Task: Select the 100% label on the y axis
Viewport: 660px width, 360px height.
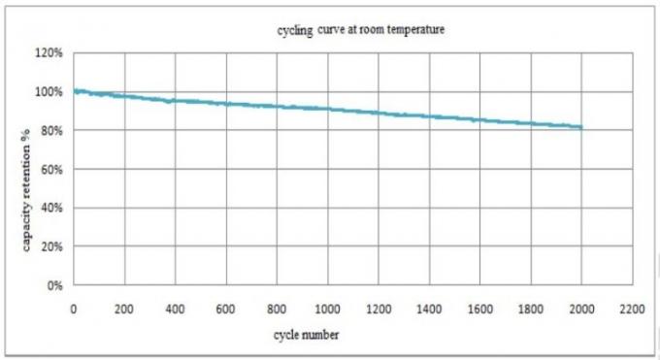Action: pyautogui.click(x=49, y=92)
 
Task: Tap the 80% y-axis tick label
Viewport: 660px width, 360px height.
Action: pyautogui.click(x=50, y=131)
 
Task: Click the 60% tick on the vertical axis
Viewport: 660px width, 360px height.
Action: pyautogui.click(x=50, y=170)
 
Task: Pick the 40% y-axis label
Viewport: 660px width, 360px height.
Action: pyautogui.click(x=50, y=209)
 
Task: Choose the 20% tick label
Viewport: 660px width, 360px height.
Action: pyautogui.click(x=50, y=247)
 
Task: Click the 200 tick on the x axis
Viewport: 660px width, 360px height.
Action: pyautogui.click(x=124, y=310)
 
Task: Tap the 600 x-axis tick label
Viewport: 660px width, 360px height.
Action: pyautogui.click(x=226, y=310)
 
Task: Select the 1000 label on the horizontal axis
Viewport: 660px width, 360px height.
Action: pyautogui.click(x=328, y=310)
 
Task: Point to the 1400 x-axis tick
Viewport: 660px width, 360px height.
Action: pyautogui.click(x=429, y=310)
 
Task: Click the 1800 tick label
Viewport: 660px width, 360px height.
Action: pyautogui.click(x=531, y=310)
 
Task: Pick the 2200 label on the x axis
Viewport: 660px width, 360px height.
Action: pyautogui.click(x=633, y=310)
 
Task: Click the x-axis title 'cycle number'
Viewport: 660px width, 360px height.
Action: pyautogui.click(x=307, y=336)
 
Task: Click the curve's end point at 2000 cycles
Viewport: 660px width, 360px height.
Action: pyautogui.click(x=581, y=127)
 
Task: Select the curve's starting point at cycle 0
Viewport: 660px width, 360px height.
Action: pyautogui.click(x=75, y=91)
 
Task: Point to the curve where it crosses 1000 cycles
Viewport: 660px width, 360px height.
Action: pyautogui.click(x=328, y=109)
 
